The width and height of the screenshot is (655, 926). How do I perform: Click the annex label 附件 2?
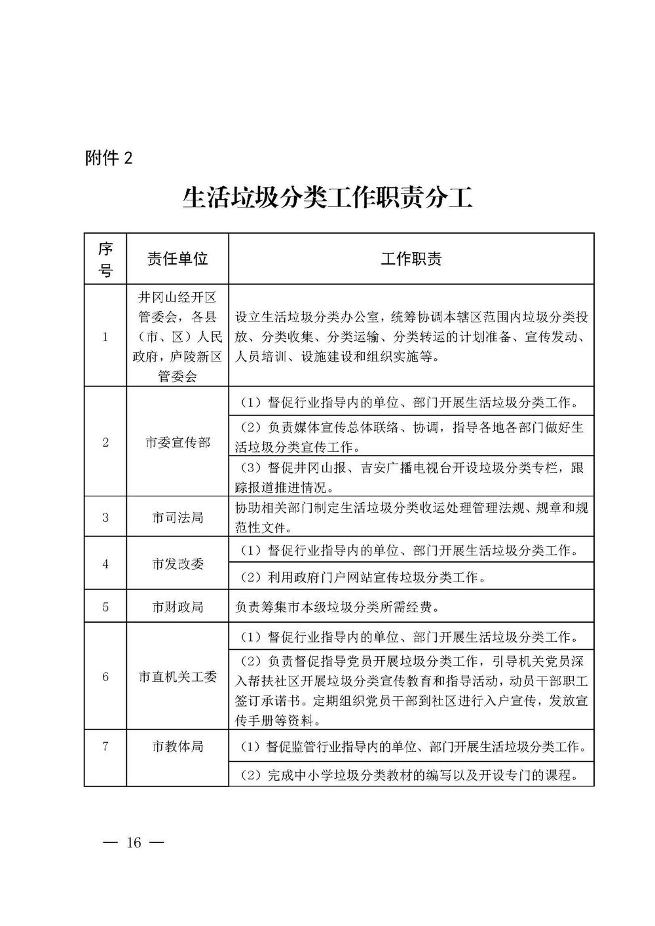click(x=109, y=158)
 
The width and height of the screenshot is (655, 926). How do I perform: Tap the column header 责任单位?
click(x=178, y=259)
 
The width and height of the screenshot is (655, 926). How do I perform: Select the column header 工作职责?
click(x=411, y=259)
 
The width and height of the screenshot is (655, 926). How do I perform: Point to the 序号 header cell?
click(x=105, y=259)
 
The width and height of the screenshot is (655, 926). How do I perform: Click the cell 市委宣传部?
click(x=178, y=442)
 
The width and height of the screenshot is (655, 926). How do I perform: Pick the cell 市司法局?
click(x=178, y=517)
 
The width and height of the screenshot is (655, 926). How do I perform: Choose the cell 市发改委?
click(x=178, y=563)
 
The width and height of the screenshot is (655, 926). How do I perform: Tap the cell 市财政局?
click(x=178, y=607)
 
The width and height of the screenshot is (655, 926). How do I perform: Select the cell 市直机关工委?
click(x=178, y=676)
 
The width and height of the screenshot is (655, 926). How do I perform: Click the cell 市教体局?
click(x=178, y=746)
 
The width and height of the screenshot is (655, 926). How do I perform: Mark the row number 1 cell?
click(x=105, y=337)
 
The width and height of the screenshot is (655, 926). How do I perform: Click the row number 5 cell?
click(x=105, y=607)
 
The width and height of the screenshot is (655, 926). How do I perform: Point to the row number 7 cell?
click(x=105, y=746)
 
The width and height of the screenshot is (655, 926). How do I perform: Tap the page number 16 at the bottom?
click(x=134, y=842)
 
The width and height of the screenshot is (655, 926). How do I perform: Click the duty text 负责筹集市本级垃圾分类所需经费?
click(x=337, y=607)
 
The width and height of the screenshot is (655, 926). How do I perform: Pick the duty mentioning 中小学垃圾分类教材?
click(x=410, y=776)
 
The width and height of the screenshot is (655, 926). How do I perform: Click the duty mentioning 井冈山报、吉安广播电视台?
click(x=410, y=477)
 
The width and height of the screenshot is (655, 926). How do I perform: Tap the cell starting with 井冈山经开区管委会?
click(x=178, y=337)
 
